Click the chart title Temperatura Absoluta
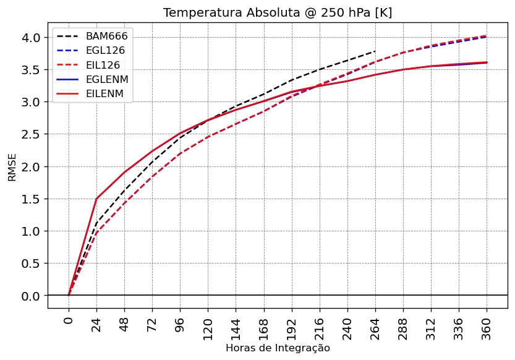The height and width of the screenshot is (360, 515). coord(278,13)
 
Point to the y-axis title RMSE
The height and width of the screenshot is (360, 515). coord(12,167)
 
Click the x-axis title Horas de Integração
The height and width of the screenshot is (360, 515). coord(278,348)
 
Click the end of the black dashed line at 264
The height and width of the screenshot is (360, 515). coord(375,51)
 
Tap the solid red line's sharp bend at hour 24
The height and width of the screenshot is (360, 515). coord(96,199)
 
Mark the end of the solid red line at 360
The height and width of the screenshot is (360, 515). coord(487,62)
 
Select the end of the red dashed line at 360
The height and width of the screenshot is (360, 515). coord(487,36)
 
